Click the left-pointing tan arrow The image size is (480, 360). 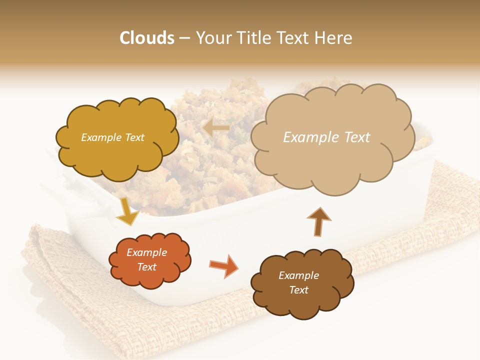(216, 128)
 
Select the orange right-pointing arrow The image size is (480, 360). (223, 265)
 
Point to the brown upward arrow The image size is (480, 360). (318, 221)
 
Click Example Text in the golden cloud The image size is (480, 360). (112, 137)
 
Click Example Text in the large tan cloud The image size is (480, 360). (326, 137)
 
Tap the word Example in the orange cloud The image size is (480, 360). (146, 252)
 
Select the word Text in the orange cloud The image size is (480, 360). (146, 267)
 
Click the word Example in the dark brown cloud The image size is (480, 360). (298, 275)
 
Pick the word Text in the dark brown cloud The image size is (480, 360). (298, 290)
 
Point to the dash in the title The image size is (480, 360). (184, 38)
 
